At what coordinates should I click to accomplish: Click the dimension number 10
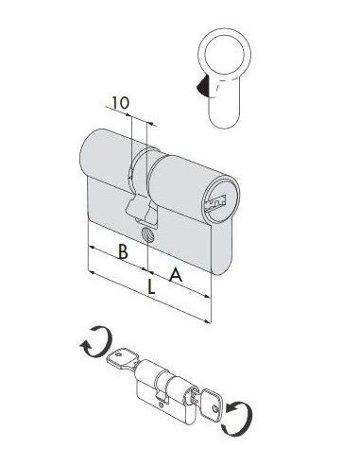coord(121,103)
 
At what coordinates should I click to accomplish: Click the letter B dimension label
coord(123,251)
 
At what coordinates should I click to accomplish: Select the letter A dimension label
coord(176,274)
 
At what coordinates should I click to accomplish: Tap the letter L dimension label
coord(151,286)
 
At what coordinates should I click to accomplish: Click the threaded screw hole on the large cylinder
coord(146,234)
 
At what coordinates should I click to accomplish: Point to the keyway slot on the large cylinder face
coord(216,202)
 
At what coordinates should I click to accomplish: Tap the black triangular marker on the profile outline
coord(201,85)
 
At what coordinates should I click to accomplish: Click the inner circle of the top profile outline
coord(225,54)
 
